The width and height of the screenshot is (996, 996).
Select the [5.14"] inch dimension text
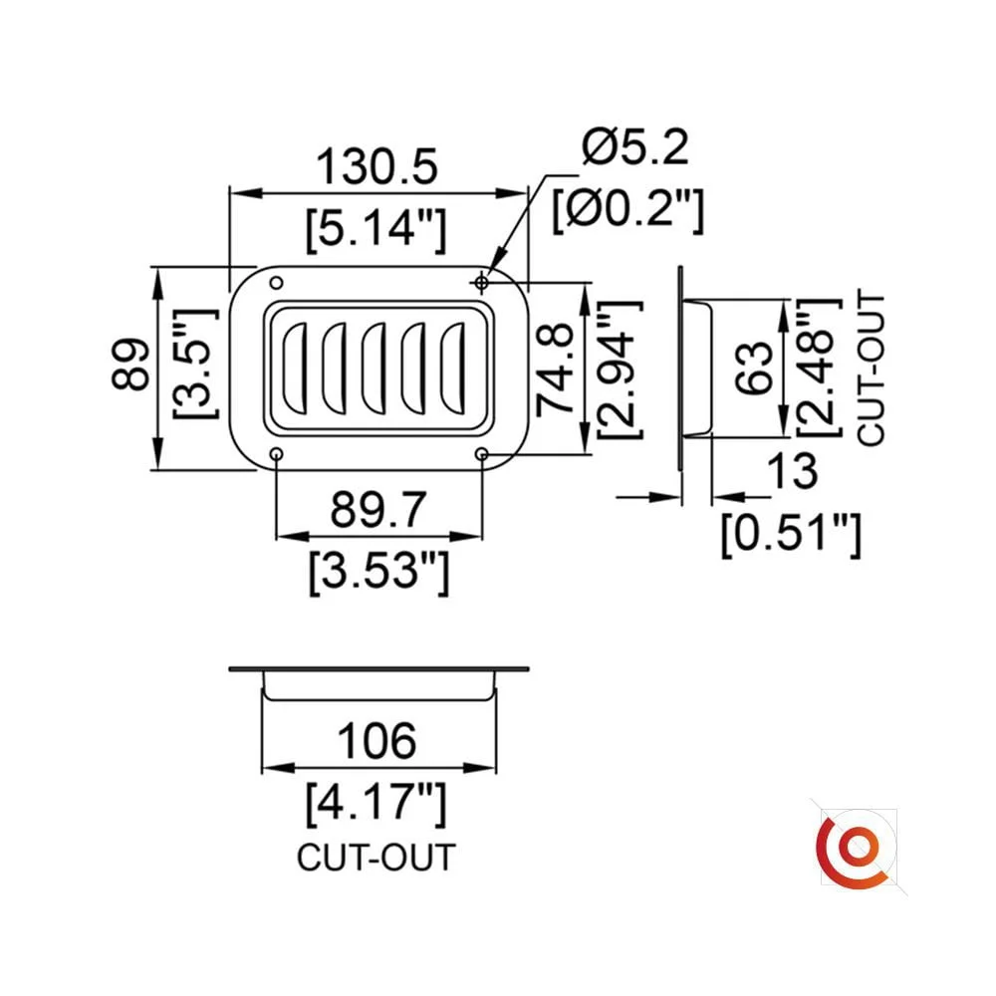376,229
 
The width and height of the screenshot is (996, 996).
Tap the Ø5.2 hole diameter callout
636,149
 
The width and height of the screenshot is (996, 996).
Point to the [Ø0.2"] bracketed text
628,210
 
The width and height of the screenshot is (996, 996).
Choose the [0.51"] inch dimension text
790,533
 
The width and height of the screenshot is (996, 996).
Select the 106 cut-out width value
376,741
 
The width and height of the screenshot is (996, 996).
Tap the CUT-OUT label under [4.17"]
375,857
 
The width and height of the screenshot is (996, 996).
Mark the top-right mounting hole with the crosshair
482,282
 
